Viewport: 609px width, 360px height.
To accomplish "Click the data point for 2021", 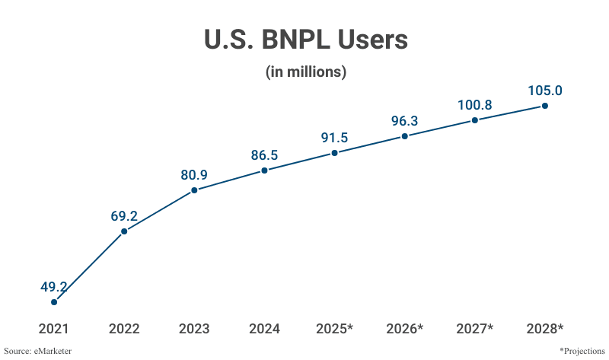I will pos(54,302).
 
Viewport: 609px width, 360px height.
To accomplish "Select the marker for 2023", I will pos(194,190).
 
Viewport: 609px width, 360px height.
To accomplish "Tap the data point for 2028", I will pos(545,106).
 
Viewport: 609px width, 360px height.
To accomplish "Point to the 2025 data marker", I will pos(334,154).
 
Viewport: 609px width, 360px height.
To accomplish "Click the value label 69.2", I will pos(124,215).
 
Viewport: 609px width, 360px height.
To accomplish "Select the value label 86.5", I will pos(264,155).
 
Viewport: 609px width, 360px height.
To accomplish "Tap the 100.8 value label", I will pos(474,105).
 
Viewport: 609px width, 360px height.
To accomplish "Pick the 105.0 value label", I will pos(545,91).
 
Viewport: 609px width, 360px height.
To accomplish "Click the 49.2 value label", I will pos(54,287).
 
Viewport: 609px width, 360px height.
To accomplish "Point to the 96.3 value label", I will pos(404,121).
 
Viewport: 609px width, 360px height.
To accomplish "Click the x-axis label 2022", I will pos(124,330).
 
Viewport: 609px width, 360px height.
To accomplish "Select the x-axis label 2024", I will pos(264,330).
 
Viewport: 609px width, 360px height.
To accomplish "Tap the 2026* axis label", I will pos(404,330).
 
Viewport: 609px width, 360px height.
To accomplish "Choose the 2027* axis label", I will pos(474,330).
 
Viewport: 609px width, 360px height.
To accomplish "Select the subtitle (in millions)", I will pos(306,72).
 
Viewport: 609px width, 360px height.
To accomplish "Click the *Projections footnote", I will pos(581,351).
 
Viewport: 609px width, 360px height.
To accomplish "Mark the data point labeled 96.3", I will pos(404,136).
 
